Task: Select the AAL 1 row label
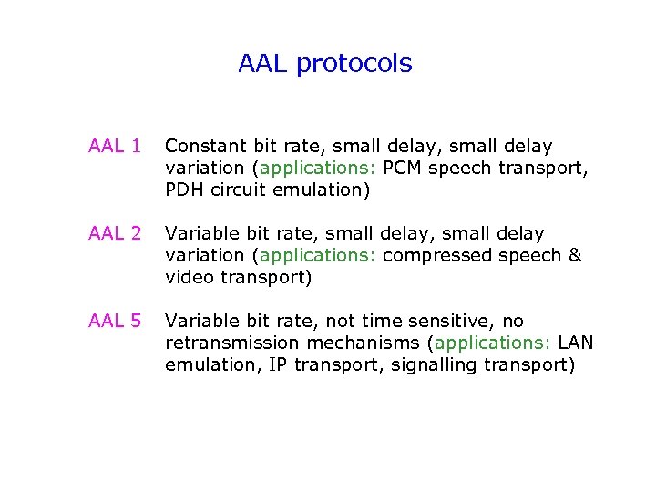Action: (x=115, y=146)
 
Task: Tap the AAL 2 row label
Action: (x=115, y=233)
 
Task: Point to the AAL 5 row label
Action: (x=115, y=321)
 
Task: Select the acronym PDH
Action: (x=185, y=190)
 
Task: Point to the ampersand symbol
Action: (x=575, y=255)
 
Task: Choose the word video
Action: (x=188, y=277)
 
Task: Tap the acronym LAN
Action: (x=576, y=343)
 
